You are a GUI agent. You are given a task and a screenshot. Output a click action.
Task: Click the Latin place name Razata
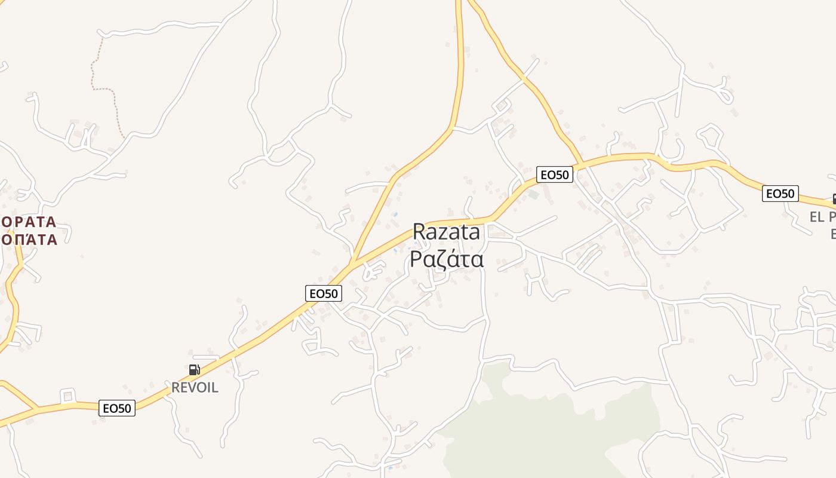coord(446,232)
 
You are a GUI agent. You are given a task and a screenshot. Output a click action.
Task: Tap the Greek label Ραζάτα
coord(446,259)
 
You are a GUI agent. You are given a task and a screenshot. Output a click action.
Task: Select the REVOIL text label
coord(195,387)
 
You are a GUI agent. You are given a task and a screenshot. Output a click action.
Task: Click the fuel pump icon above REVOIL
coord(194,370)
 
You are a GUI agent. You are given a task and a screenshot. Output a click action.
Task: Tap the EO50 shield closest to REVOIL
coord(118,408)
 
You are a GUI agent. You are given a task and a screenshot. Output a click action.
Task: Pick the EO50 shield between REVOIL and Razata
coord(324,293)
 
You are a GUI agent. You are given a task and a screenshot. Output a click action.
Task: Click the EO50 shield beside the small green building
coord(555,174)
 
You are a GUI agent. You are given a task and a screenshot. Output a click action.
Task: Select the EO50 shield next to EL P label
coord(780,194)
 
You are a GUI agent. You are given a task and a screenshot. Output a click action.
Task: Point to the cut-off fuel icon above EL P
coord(832,199)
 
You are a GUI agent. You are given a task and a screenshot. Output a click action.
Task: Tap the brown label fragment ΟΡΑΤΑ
coord(29,222)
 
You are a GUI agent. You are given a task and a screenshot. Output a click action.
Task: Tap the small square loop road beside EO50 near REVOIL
coord(67,396)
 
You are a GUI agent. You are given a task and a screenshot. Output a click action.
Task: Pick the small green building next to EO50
coord(533,194)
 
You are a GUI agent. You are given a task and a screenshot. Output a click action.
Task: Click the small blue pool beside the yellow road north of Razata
coord(395,214)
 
